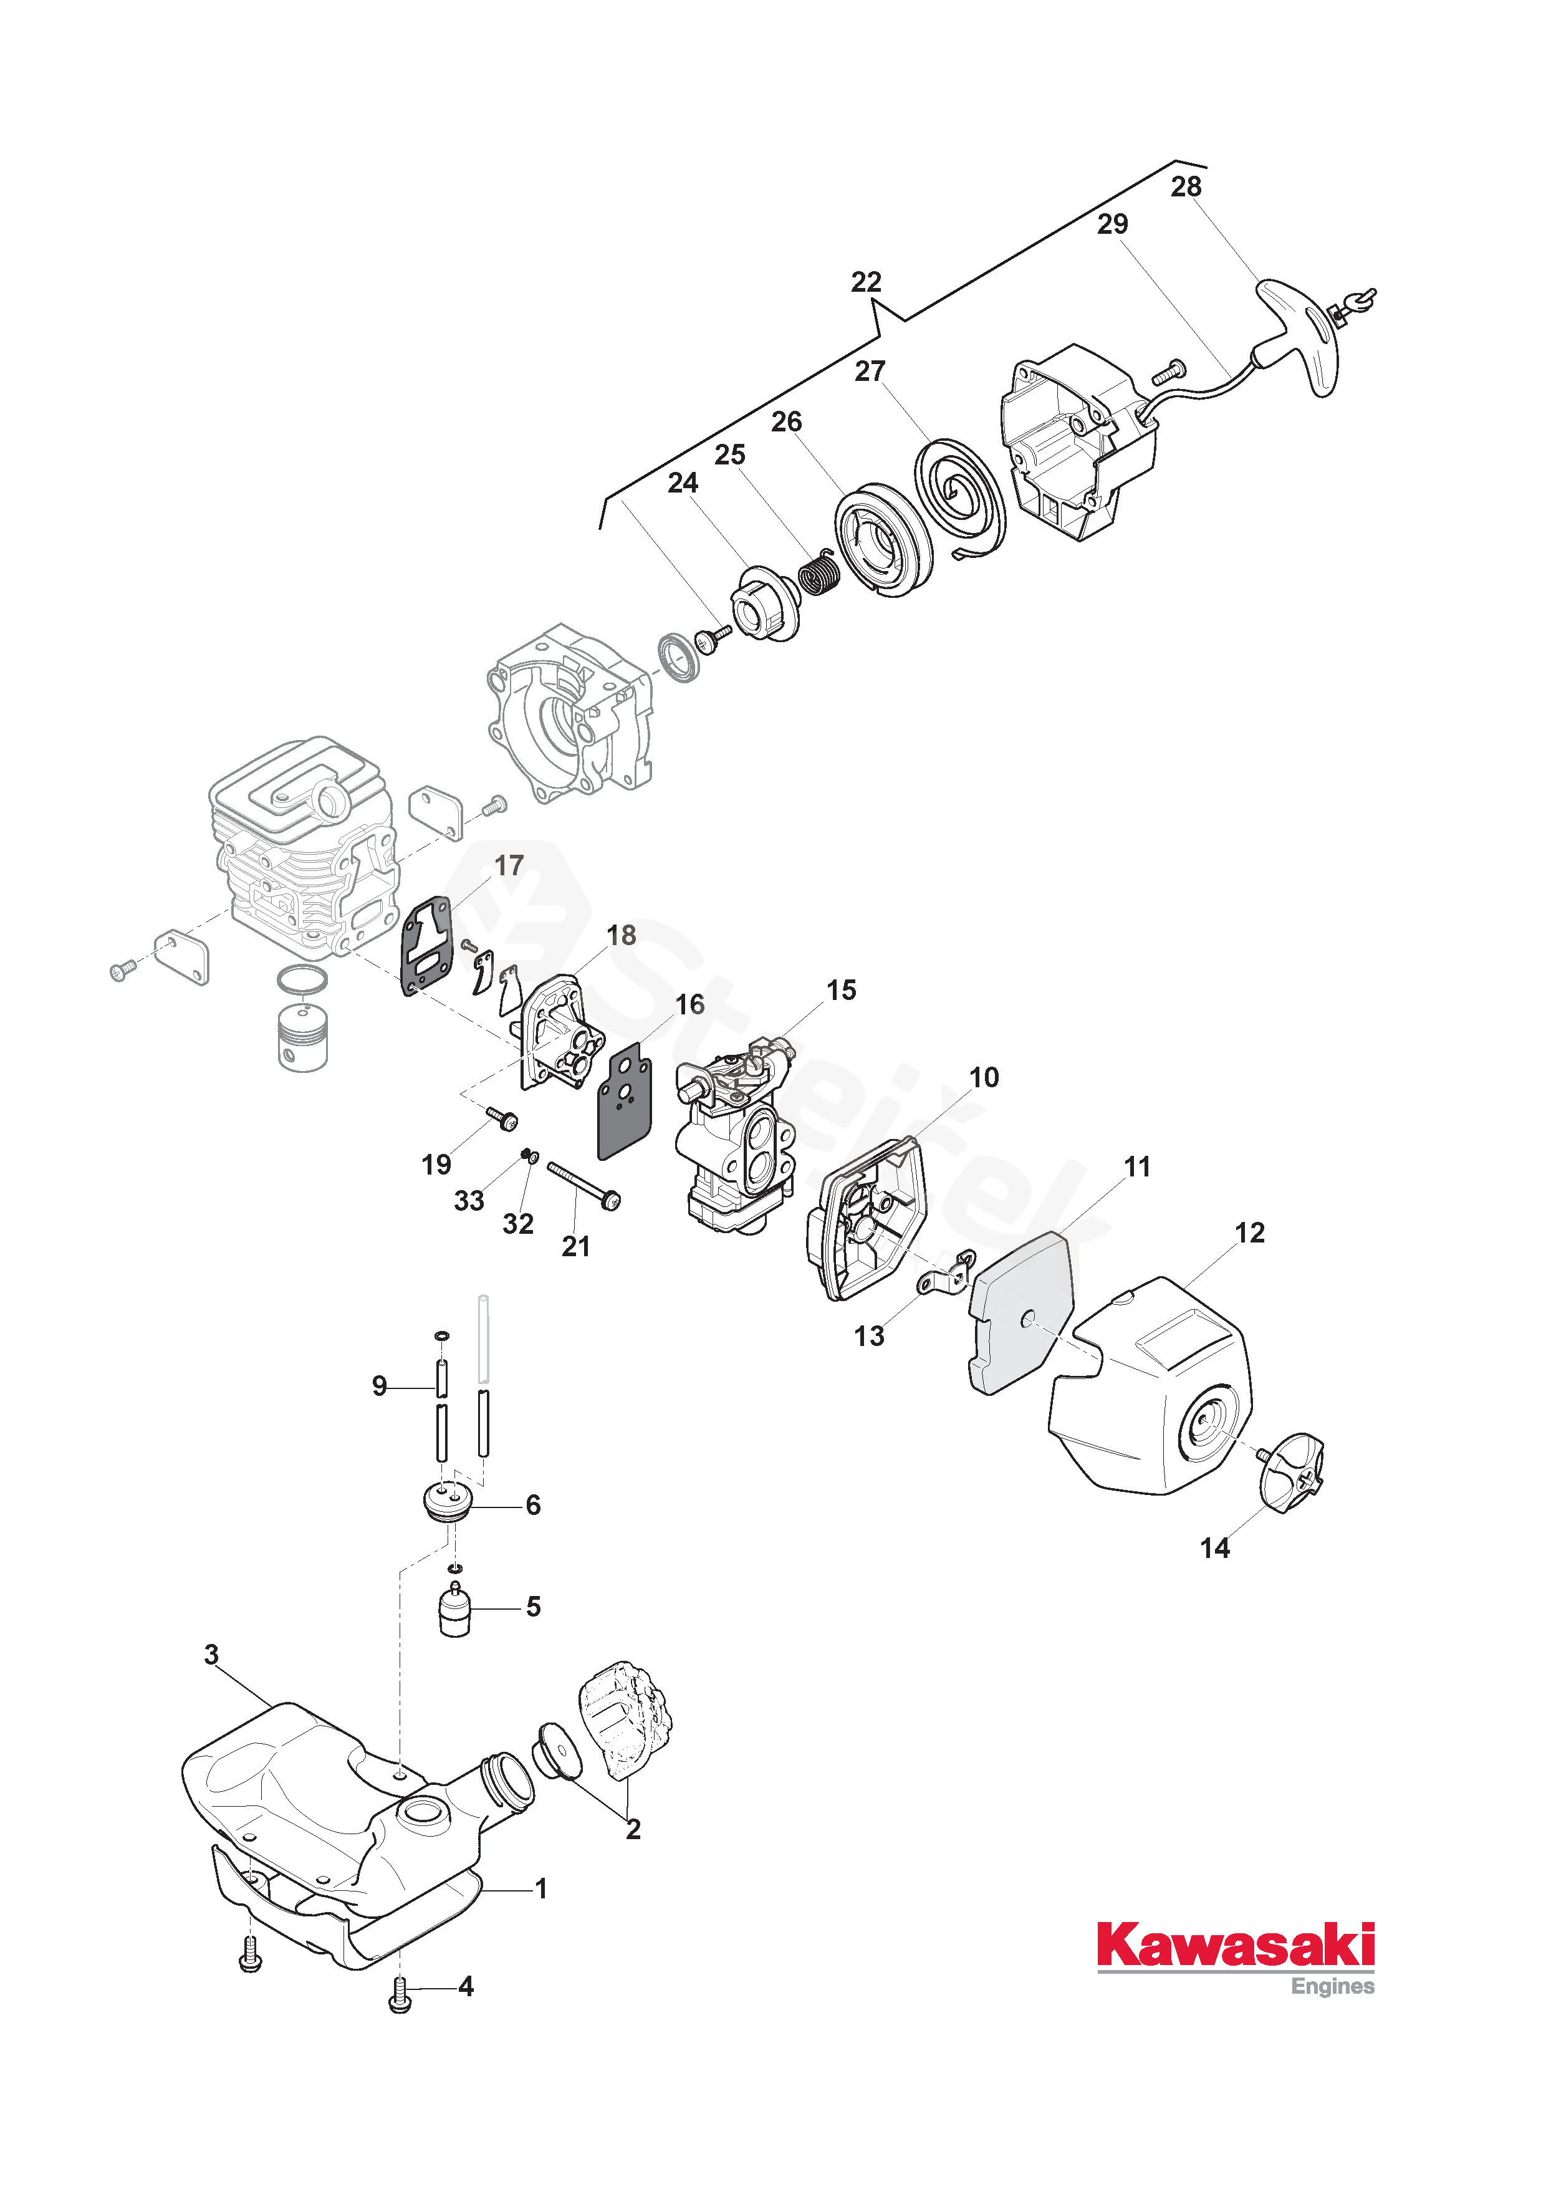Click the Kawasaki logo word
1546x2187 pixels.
click(x=1236, y=1946)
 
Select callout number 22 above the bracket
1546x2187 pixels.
click(x=866, y=282)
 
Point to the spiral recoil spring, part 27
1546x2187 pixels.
click(x=959, y=497)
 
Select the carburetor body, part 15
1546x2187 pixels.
click(x=734, y=1133)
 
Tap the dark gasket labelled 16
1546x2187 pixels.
click(x=624, y=1100)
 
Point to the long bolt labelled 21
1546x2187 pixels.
click(x=583, y=1184)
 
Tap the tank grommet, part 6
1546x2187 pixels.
click(x=447, y=1503)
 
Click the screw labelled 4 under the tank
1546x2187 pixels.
click(x=400, y=1988)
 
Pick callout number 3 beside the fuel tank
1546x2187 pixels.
click(x=211, y=1655)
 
